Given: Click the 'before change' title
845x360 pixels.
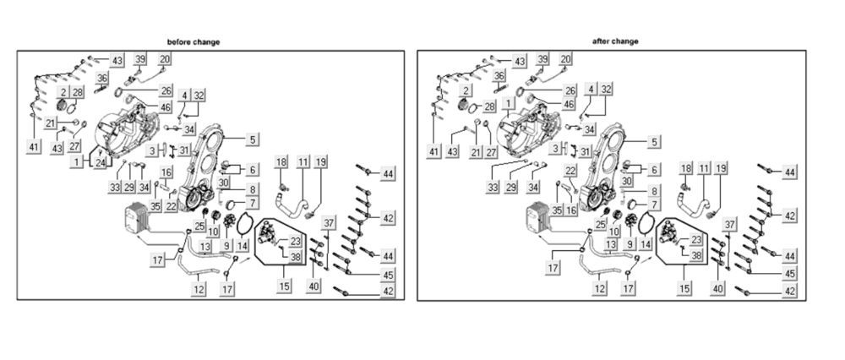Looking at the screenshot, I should coord(194,42).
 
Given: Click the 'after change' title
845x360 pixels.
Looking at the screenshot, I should coord(614,41).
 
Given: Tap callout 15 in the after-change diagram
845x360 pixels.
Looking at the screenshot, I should coord(682,287).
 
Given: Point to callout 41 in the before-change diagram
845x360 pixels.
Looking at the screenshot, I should coord(34,147).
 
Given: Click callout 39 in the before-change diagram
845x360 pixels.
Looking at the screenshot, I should coord(140,59).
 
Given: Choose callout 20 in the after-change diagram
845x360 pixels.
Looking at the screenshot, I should coord(566,59).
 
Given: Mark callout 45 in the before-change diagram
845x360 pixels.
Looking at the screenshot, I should coord(388,275).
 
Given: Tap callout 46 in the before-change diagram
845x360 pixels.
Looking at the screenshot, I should coord(166,108).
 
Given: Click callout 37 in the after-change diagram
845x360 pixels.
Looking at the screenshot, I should coord(729,223).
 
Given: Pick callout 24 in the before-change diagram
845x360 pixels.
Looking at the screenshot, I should coord(101,162).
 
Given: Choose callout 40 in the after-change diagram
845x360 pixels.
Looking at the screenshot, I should coord(718,288).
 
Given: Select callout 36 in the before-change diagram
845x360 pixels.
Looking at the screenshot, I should coord(102,78).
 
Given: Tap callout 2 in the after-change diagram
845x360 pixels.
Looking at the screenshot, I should coord(466,90).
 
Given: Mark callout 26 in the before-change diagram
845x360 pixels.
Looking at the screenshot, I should coord(166,90).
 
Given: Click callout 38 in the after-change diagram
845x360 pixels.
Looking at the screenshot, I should coord(696,254).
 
